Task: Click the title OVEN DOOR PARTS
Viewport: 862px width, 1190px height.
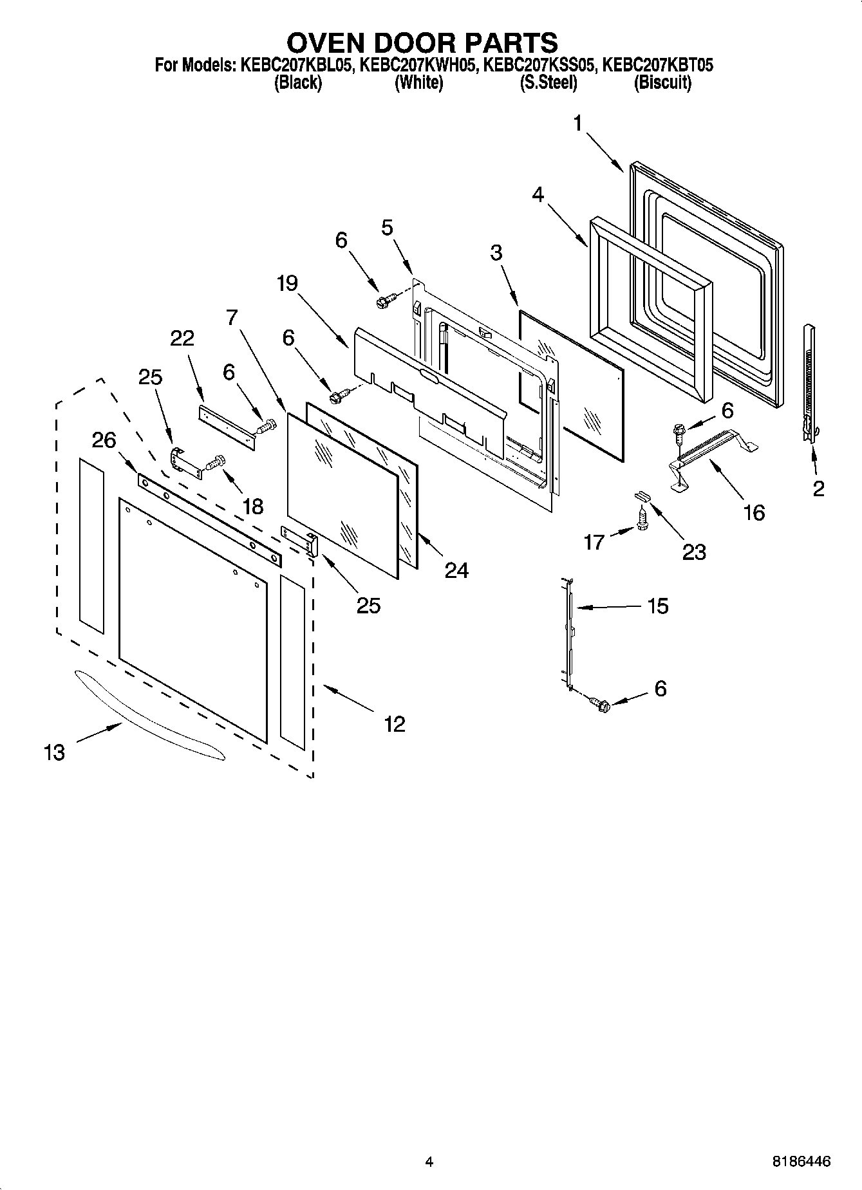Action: pyautogui.click(x=422, y=42)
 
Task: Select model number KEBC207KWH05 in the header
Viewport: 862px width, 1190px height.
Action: pyautogui.click(x=418, y=65)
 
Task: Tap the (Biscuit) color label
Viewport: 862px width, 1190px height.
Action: pyautogui.click(x=662, y=82)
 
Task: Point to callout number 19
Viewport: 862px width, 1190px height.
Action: pyautogui.click(x=287, y=283)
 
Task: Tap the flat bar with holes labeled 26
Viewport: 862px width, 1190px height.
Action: pyautogui.click(x=209, y=522)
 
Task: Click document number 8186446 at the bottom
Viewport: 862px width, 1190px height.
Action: pyautogui.click(x=801, y=1162)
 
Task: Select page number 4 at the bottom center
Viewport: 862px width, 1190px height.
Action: pyautogui.click(x=429, y=1162)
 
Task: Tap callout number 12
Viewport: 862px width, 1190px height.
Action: pyautogui.click(x=394, y=724)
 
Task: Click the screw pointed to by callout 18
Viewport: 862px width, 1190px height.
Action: pyautogui.click(x=216, y=463)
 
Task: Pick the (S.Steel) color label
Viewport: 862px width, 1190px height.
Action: pyautogui.click(x=548, y=82)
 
